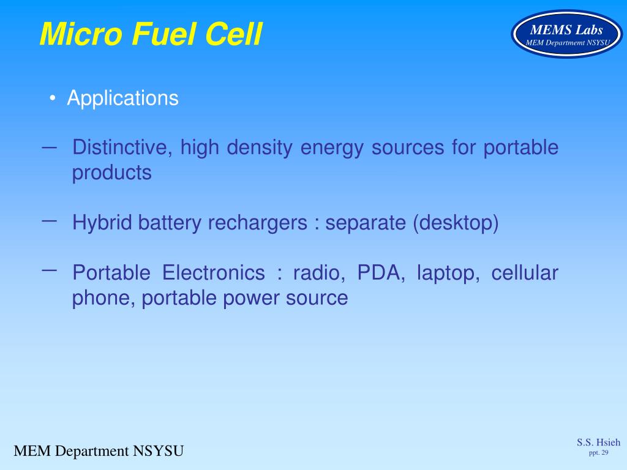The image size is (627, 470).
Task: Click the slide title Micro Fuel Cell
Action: (x=151, y=34)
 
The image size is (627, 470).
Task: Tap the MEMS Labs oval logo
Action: (x=566, y=34)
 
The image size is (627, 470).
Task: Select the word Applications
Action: (x=122, y=98)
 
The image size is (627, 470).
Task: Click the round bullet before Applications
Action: (x=54, y=99)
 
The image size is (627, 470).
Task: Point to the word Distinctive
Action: (x=122, y=148)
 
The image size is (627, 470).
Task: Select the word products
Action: (x=111, y=173)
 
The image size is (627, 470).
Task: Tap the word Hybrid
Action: (x=102, y=223)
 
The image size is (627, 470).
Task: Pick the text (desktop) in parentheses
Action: (x=456, y=223)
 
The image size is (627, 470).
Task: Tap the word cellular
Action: (x=525, y=273)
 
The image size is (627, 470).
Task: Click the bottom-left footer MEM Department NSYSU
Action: (x=99, y=452)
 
